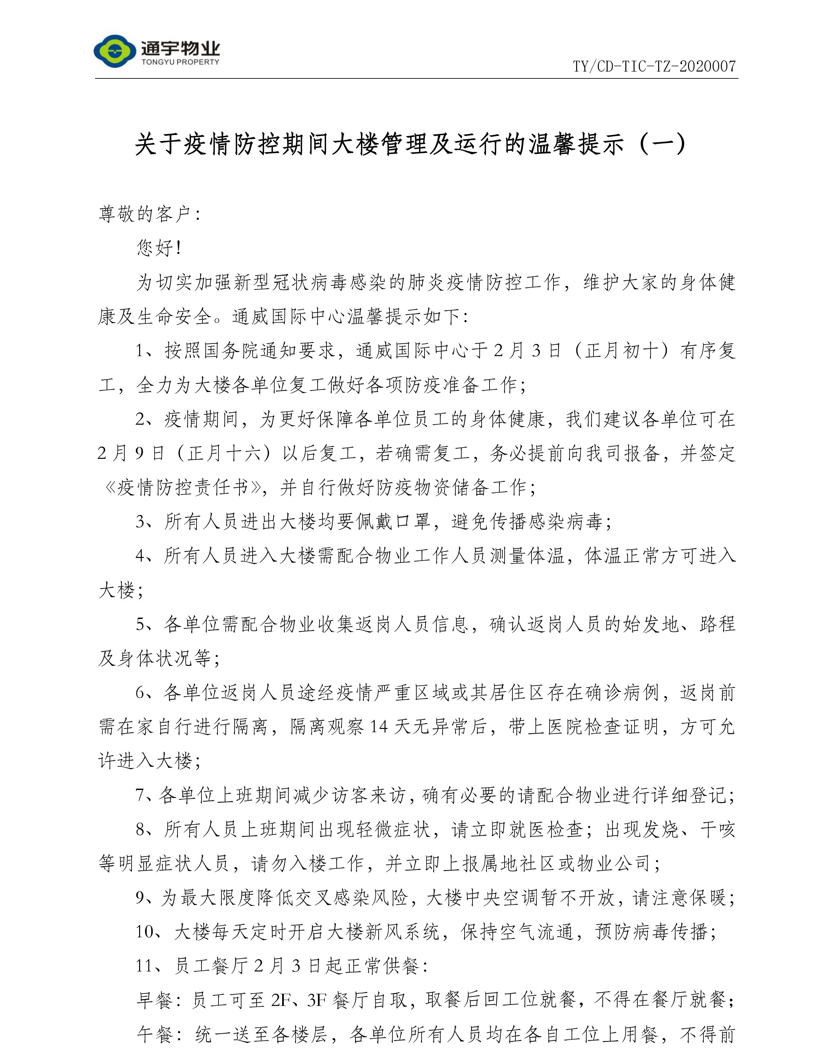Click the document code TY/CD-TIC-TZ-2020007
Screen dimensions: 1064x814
point(654,66)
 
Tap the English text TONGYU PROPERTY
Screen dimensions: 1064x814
point(180,62)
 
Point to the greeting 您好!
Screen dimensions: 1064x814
point(158,248)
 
